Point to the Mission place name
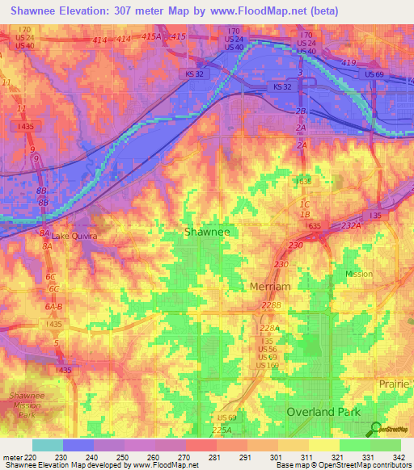pyautogui.click(x=359, y=274)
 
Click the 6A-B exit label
pyautogui.click(x=54, y=307)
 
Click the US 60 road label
pyautogui.click(x=227, y=418)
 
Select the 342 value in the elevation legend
pyautogui.click(x=399, y=458)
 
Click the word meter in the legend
pyautogui.click(x=13, y=458)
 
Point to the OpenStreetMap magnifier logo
pyautogui.click(x=375, y=429)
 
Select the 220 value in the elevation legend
pyautogui.click(x=32, y=458)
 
